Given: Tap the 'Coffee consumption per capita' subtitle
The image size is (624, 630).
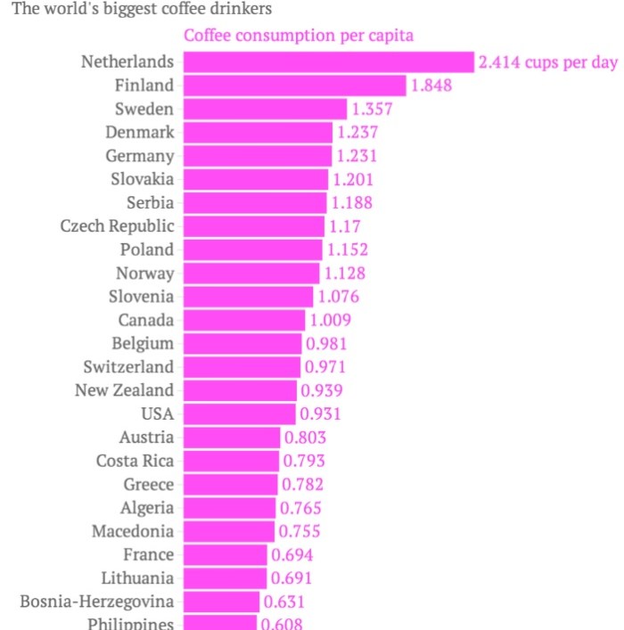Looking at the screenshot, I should tap(298, 36).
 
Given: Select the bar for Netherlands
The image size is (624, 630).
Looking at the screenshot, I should tap(328, 62).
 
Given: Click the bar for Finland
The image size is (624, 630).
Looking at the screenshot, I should tap(294, 86).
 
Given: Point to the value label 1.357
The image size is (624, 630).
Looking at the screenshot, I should tap(372, 109).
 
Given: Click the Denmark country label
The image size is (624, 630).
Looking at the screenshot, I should tap(140, 132).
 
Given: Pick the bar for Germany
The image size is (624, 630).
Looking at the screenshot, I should tap(258, 156).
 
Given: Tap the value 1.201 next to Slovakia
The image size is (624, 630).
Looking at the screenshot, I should tap(353, 179).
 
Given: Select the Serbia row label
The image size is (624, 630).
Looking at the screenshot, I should tap(150, 202).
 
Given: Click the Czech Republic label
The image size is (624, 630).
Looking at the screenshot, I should tap(117, 225).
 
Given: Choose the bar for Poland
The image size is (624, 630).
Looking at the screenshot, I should tap(252, 250).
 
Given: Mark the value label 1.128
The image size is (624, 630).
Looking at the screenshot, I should tap(343, 273).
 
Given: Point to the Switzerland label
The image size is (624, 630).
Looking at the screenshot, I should tap(128, 366).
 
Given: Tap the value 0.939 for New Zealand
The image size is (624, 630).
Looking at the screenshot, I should tap(322, 389).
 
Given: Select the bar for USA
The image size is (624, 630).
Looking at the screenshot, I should tap(239, 413).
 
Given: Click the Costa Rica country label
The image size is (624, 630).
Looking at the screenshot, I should tap(135, 461).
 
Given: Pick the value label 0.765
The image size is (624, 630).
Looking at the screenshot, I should tap(300, 508).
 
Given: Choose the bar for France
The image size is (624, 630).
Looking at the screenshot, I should tap(225, 554).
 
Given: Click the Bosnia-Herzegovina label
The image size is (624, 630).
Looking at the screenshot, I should tap(97, 601).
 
